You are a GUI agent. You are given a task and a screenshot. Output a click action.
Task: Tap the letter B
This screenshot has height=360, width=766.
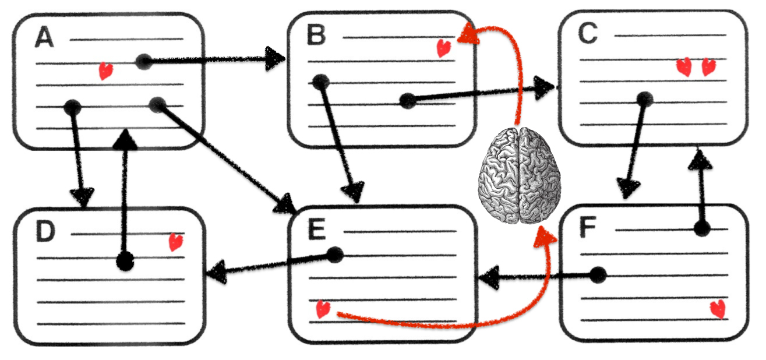316,35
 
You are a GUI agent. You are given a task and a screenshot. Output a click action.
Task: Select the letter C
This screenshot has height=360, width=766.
588,33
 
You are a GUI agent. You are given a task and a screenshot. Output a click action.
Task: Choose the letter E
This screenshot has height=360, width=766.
317,230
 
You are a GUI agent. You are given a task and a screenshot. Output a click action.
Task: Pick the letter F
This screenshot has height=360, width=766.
588,227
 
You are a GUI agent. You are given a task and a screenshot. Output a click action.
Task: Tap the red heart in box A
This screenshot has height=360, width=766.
105,70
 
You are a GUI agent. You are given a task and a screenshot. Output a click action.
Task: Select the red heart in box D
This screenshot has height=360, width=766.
176,242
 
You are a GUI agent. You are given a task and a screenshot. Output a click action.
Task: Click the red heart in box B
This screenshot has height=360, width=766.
444,48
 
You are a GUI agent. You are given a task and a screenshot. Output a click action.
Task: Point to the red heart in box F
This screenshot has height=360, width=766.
718,309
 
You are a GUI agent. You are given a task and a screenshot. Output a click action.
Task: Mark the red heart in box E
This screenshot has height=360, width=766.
323,309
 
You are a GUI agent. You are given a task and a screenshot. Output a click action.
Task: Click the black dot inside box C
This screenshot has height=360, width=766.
645,100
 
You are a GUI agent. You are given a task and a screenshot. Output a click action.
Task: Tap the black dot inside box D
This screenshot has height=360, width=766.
125,262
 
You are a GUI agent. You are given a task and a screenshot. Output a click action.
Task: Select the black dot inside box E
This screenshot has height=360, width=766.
335,255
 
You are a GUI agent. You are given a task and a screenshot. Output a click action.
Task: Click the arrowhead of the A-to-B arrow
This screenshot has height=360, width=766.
275,59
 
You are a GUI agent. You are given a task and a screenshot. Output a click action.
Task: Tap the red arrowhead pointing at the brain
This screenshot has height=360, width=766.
545,237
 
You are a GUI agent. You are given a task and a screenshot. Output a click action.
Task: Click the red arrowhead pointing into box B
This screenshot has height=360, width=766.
468,34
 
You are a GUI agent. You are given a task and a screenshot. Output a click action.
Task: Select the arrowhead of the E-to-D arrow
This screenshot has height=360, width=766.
217,271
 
